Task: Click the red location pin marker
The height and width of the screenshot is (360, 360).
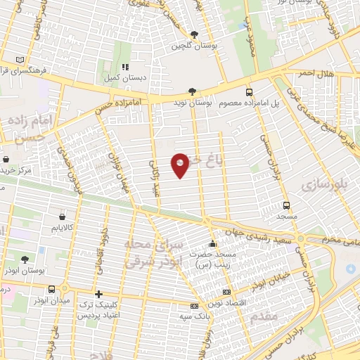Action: pyautogui.click(x=181, y=165)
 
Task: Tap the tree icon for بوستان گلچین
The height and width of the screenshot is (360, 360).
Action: pyautogui.click(x=195, y=34)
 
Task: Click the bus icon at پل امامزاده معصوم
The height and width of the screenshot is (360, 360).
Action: pyautogui.click(x=249, y=92)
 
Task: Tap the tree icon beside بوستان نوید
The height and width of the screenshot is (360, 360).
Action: pyautogui.click(x=192, y=91)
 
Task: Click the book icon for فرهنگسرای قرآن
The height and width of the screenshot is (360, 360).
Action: pyautogui.click(x=20, y=60)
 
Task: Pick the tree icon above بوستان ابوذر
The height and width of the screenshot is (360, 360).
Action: pyautogui.click(x=25, y=259)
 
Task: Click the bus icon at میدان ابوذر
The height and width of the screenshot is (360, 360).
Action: pyautogui.click(x=51, y=288)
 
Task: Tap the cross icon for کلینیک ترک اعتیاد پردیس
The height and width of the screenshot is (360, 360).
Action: pyautogui.click(x=98, y=293)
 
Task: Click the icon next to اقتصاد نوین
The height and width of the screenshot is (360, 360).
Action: pyautogui.click(x=226, y=292)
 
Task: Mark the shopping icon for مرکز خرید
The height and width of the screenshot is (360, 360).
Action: pyautogui.click(x=5, y=159)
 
